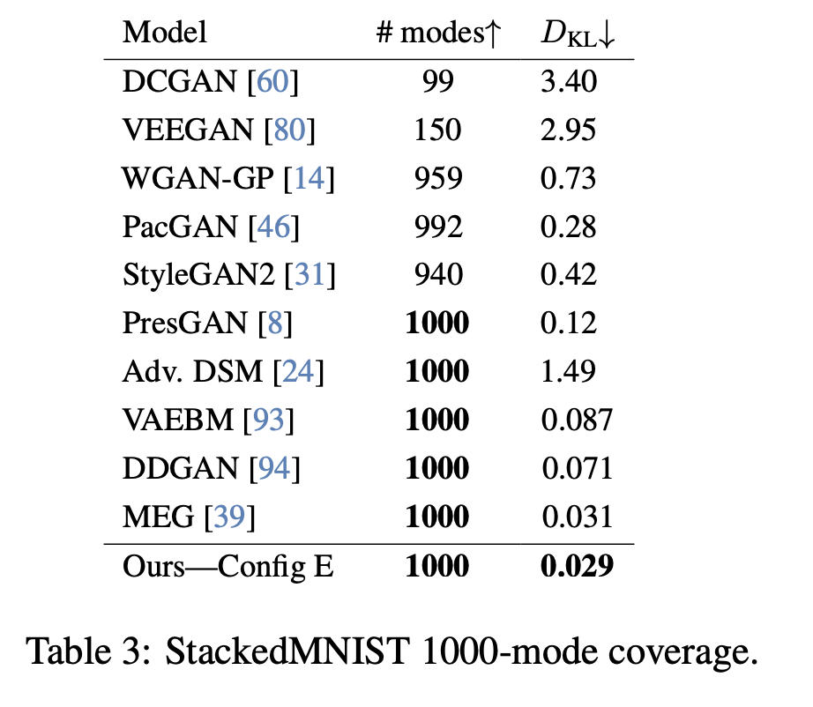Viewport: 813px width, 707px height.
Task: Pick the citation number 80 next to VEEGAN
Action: pyautogui.click(x=295, y=131)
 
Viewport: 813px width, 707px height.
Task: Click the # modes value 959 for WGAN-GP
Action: pyautogui.click(x=437, y=179)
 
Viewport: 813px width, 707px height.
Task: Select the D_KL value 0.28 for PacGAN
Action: pyautogui.click(x=570, y=227)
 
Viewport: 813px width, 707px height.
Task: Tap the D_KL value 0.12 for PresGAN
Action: pyautogui.click(x=570, y=324)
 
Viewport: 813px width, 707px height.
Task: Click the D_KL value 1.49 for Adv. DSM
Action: pyautogui.click(x=570, y=371)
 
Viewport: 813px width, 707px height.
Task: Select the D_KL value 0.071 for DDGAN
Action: pyautogui.click(x=577, y=467)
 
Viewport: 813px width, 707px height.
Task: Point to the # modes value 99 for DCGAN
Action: pyautogui.click(x=437, y=83)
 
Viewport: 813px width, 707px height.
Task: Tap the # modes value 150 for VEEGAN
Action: pyautogui.click(x=437, y=131)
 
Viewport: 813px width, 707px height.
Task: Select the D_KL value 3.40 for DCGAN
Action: pyautogui.click(x=570, y=83)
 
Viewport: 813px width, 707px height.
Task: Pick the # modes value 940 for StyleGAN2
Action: pyautogui.click(x=437, y=275)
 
